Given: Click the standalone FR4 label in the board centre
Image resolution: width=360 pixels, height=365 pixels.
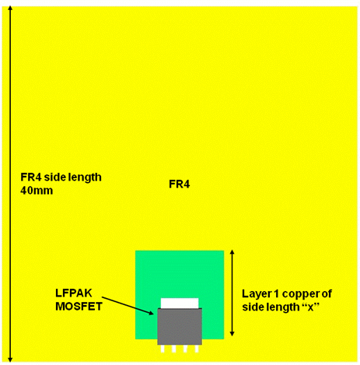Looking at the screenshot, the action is (x=180, y=184).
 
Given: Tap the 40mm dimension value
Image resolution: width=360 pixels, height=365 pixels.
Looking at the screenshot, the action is (x=37, y=191).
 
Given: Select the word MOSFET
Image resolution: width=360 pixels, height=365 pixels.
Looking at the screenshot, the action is (x=79, y=307).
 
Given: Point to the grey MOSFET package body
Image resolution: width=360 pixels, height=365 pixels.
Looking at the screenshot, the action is (x=180, y=326).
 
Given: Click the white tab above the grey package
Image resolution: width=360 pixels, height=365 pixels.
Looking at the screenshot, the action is (x=180, y=303).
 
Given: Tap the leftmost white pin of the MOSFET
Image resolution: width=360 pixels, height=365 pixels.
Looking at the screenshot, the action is (x=163, y=349).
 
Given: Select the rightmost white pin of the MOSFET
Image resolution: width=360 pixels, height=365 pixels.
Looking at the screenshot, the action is (x=197, y=349).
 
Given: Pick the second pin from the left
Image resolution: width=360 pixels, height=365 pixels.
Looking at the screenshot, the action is (x=174, y=349).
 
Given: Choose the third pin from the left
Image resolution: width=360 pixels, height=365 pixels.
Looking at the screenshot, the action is (x=185, y=349).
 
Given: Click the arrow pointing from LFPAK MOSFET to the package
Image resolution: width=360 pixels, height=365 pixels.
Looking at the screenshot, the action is (x=128, y=306).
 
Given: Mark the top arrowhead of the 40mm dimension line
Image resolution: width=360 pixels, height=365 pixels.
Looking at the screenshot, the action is (x=10, y=8).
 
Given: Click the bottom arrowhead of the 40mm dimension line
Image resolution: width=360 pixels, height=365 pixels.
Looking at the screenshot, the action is (x=10, y=360).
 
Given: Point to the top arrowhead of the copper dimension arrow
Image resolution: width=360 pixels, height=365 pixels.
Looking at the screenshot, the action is (x=232, y=252).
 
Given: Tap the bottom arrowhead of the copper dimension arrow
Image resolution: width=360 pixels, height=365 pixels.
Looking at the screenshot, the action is (x=232, y=334).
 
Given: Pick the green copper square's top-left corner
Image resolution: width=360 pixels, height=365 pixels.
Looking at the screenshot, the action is (x=135, y=251).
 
